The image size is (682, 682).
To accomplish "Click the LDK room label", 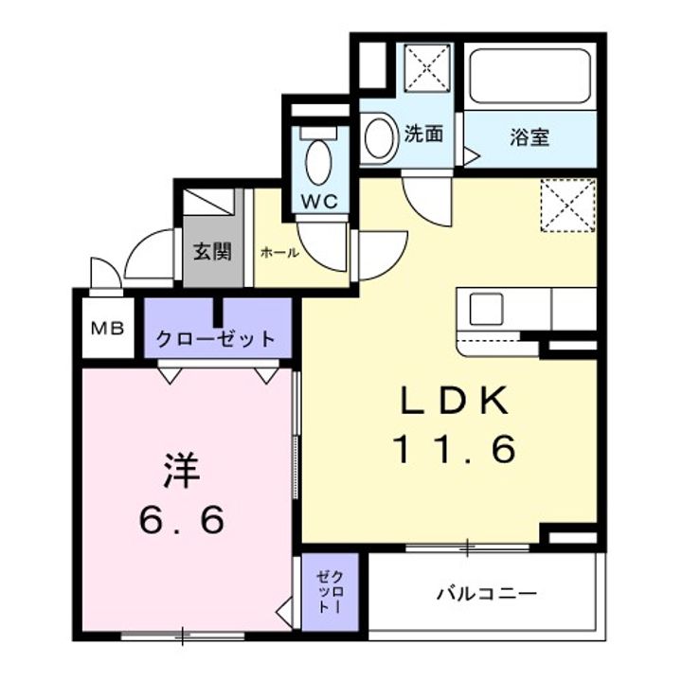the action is point(455,401).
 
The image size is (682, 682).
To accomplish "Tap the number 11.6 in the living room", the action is point(455,449).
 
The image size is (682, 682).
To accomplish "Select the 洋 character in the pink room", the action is point(182,471).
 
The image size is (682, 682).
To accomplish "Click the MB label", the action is point(108,329).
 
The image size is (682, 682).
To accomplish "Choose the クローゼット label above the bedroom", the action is point(216,339).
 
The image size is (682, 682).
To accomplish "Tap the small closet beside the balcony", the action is point(331,592).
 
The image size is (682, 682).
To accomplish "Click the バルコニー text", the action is point(487,593).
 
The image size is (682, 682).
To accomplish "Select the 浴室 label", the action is point(529,137).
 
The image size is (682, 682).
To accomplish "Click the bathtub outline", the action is point(529,76).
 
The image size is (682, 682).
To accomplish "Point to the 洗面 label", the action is point(423,134).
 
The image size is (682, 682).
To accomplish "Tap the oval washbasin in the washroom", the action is point(379,137).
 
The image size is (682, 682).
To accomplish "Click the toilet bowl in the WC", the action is point(318,161).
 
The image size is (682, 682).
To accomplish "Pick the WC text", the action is point(320,202).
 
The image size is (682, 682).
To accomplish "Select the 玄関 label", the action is point(212,251).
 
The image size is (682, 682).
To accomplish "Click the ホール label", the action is point(279,252).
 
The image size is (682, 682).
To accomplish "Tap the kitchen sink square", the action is point(486,309).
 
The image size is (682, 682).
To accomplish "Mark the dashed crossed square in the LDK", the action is point(568,206).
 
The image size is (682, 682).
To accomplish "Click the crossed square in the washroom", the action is point(427,68).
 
